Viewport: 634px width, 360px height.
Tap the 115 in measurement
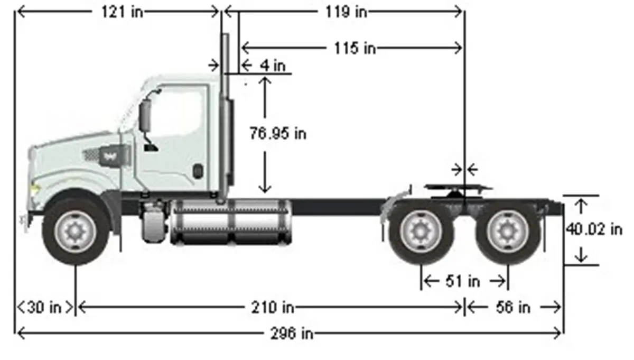click(x=355, y=48)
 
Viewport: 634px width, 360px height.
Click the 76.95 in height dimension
click(x=277, y=134)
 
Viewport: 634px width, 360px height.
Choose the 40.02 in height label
click(x=594, y=229)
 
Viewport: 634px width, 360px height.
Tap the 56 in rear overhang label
click(x=512, y=307)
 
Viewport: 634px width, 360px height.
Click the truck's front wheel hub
click(x=76, y=232)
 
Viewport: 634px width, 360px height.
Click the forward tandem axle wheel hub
click(x=421, y=232)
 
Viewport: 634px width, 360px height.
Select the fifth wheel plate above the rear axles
click(x=457, y=187)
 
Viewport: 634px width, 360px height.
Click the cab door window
click(x=180, y=114)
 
